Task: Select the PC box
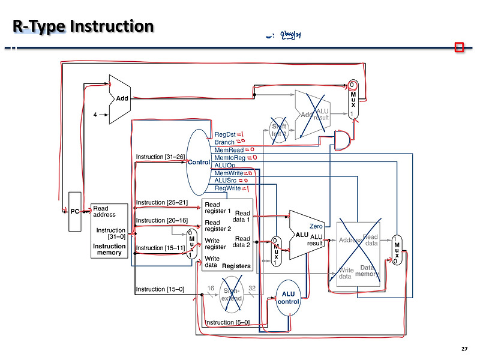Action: pyautogui.click(x=75, y=211)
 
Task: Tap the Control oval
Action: pyautogui.click(x=199, y=162)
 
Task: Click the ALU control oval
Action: pyautogui.click(x=288, y=298)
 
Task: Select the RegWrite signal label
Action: pyautogui.click(x=227, y=188)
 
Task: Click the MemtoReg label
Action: pyautogui.click(x=229, y=157)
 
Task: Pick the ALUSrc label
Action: pyautogui.click(x=226, y=180)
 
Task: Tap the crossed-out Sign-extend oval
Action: pyautogui.click(x=232, y=294)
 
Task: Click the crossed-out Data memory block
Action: pyautogui.click(x=358, y=254)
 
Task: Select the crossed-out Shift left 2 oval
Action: pyautogui.click(x=280, y=130)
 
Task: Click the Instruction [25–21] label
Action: pyautogui.click(x=161, y=202)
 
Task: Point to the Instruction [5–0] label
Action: pyautogui.click(x=228, y=323)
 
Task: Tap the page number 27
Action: pyautogui.click(x=464, y=349)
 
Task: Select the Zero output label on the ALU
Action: pyautogui.click(x=316, y=226)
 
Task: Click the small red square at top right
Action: pyautogui.click(x=460, y=47)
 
